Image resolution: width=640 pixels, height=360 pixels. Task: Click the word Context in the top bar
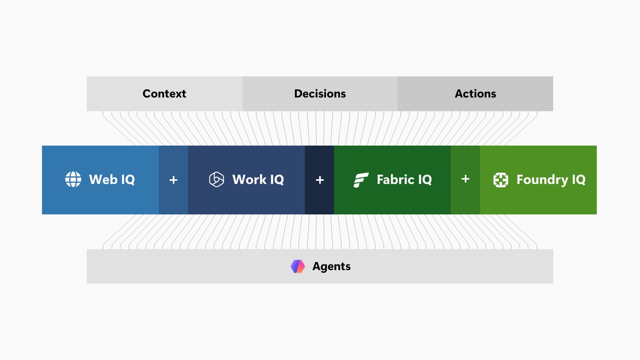coord(164,94)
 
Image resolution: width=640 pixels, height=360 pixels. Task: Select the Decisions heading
coord(320,94)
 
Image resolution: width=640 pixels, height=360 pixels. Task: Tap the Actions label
coord(476,94)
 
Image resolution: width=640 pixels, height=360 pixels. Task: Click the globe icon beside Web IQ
coord(73,179)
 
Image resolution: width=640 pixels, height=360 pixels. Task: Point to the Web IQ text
coord(112,180)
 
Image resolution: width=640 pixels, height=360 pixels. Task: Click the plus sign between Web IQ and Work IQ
coord(173,180)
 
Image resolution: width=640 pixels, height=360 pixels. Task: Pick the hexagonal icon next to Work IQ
coord(216,179)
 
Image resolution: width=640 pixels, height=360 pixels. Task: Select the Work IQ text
coord(258,180)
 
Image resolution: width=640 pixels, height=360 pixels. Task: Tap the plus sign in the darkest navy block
coord(320,180)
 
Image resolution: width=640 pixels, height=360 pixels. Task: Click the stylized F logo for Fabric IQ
coord(361,180)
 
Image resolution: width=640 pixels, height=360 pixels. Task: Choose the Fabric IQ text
coord(404,180)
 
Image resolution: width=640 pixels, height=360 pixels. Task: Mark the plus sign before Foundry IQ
coord(465,179)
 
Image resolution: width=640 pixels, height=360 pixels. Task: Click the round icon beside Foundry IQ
coord(501,180)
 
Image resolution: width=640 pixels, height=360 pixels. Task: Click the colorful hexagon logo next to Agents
coord(298,266)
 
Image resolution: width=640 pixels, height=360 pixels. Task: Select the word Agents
coord(331,267)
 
